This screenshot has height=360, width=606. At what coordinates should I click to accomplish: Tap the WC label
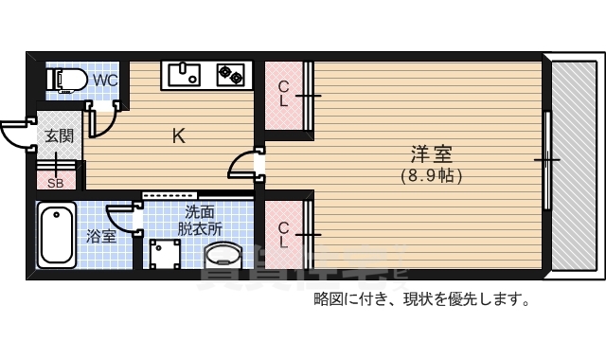(105, 81)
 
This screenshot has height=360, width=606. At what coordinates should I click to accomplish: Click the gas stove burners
(231, 72)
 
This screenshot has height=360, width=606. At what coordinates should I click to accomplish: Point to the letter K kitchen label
(177, 135)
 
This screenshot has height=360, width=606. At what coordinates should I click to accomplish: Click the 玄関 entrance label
(58, 135)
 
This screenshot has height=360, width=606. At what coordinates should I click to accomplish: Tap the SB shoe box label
(56, 183)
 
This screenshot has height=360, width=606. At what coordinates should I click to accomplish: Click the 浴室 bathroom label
(101, 236)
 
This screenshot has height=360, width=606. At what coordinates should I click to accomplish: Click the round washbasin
(223, 256)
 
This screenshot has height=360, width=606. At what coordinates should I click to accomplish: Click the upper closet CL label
(283, 94)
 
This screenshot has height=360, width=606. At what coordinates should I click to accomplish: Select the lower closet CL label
(283, 234)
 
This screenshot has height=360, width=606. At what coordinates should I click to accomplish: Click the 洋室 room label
(431, 153)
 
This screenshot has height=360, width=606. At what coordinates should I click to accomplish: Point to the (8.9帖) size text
(431, 175)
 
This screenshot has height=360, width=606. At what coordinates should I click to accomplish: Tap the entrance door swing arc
(16, 134)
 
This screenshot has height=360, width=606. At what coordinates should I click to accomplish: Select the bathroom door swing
(124, 217)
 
